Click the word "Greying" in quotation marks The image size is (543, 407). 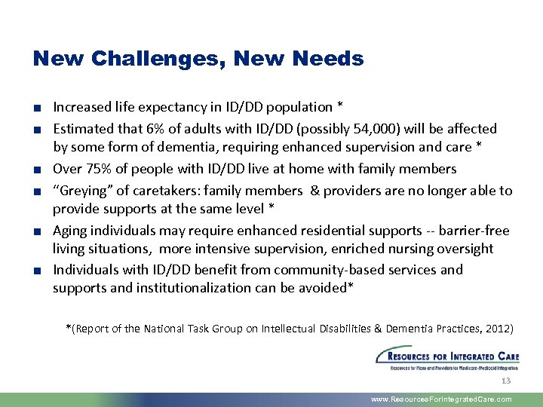click(x=79, y=191)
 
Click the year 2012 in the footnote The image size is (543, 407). click(x=496, y=329)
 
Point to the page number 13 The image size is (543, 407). click(x=505, y=381)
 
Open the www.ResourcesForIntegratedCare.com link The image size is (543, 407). click(x=441, y=399)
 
